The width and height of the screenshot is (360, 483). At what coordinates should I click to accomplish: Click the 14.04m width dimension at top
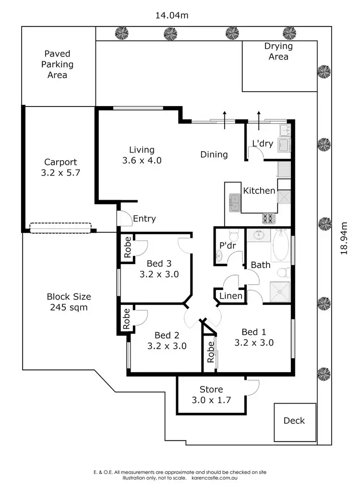pyautogui.click(x=171, y=15)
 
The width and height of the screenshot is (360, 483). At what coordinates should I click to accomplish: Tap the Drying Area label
pyautogui.click(x=278, y=52)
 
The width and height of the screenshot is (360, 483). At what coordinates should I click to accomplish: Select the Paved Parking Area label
pyautogui.click(x=57, y=64)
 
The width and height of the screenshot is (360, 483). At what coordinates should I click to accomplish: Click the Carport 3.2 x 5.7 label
pyautogui.click(x=60, y=168)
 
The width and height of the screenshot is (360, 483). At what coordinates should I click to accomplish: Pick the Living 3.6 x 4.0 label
pyautogui.click(x=142, y=155)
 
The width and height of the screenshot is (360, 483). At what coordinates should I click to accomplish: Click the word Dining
pyautogui.click(x=214, y=155)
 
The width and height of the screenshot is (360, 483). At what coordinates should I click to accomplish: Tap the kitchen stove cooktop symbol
pyautogui.click(x=269, y=218)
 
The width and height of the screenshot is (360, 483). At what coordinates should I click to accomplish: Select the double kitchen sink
pyautogui.click(x=234, y=203)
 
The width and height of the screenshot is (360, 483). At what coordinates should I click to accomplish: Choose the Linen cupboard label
pyautogui.click(x=231, y=296)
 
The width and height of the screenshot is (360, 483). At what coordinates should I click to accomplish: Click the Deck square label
pyautogui.click(x=294, y=421)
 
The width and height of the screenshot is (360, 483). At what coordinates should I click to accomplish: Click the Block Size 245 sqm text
pyautogui.click(x=69, y=302)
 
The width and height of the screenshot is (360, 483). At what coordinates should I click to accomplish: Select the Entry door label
pyautogui.click(x=144, y=219)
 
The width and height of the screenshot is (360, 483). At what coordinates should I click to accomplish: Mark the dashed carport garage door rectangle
pyautogui.click(x=60, y=228)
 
